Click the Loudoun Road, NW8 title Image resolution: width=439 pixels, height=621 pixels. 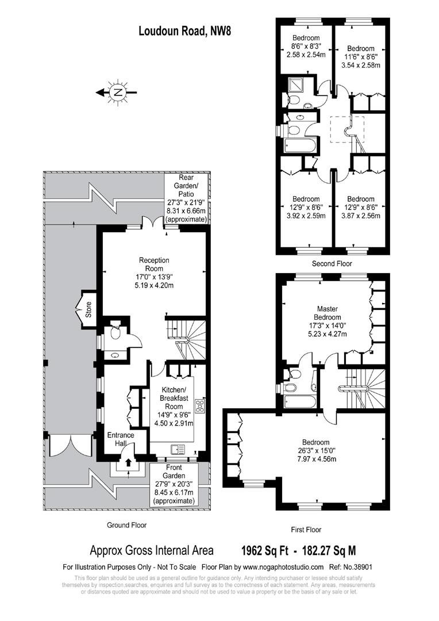click(184, 31)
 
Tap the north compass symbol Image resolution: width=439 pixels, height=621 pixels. click(117, 93)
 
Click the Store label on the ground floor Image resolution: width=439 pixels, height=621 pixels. click(88, 310)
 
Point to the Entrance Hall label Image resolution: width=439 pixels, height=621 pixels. click(121, 439)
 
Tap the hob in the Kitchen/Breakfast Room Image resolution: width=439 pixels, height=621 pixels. click(200, 406)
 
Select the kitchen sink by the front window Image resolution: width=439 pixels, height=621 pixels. click(178, 450)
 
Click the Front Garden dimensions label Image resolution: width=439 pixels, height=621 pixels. click(174, 484)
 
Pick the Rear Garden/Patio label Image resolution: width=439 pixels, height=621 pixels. click(186, 198)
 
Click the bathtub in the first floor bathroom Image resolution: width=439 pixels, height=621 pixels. click(300, 401)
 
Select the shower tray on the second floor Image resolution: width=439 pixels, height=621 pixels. click(294, 84)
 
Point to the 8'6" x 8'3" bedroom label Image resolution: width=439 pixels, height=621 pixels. click(306, 47)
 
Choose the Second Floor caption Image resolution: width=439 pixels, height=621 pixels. click(332, 263)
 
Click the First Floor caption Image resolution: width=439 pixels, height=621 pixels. click(306, 530)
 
